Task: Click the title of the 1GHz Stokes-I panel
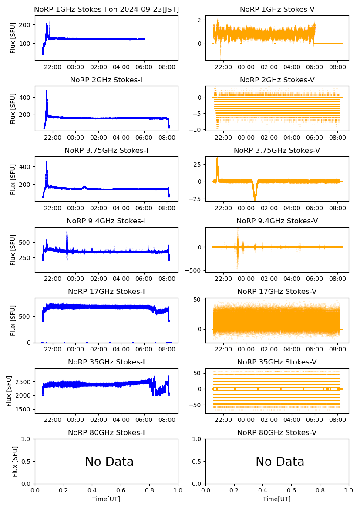coord(106,9)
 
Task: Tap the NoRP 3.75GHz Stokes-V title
coord(277,150)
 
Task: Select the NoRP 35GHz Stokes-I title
coord(106,362)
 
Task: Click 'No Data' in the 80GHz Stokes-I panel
coord(109,462)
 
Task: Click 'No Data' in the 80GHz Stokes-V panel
coord(280,462)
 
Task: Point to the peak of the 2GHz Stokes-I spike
coord(47,91)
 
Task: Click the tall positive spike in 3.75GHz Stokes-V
coord(217,158)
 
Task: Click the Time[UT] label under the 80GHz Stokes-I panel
coord(106,499)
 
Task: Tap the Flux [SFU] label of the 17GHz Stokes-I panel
coord(13,320)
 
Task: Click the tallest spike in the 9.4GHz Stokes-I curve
coord(67,232)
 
